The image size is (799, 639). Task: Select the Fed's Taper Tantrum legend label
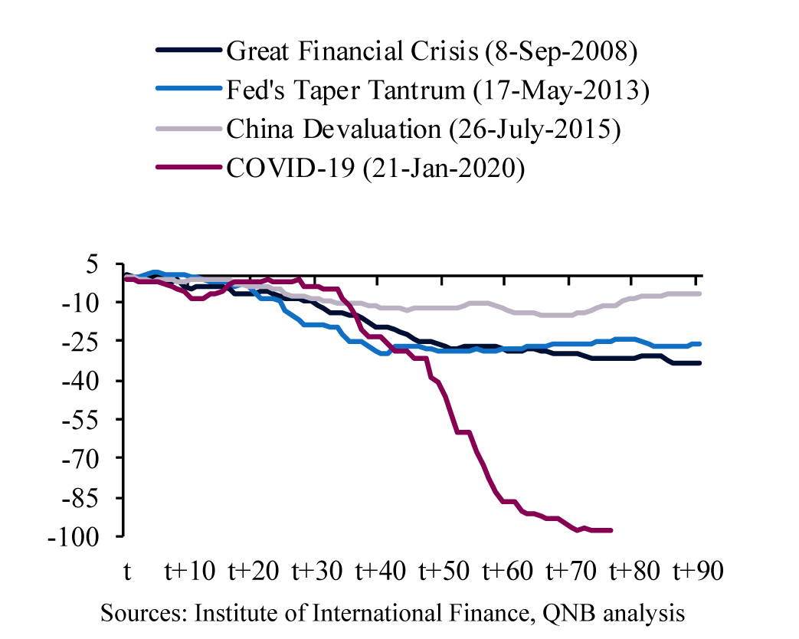point(437,90)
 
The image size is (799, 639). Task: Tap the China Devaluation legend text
point(423,129)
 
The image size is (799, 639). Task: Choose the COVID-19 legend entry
point(375,168)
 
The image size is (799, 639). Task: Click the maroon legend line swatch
point(188,168)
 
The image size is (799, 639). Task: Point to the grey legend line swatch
point(188,129)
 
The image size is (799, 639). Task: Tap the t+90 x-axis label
point(699,572)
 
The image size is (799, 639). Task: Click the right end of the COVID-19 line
point(611,529)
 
